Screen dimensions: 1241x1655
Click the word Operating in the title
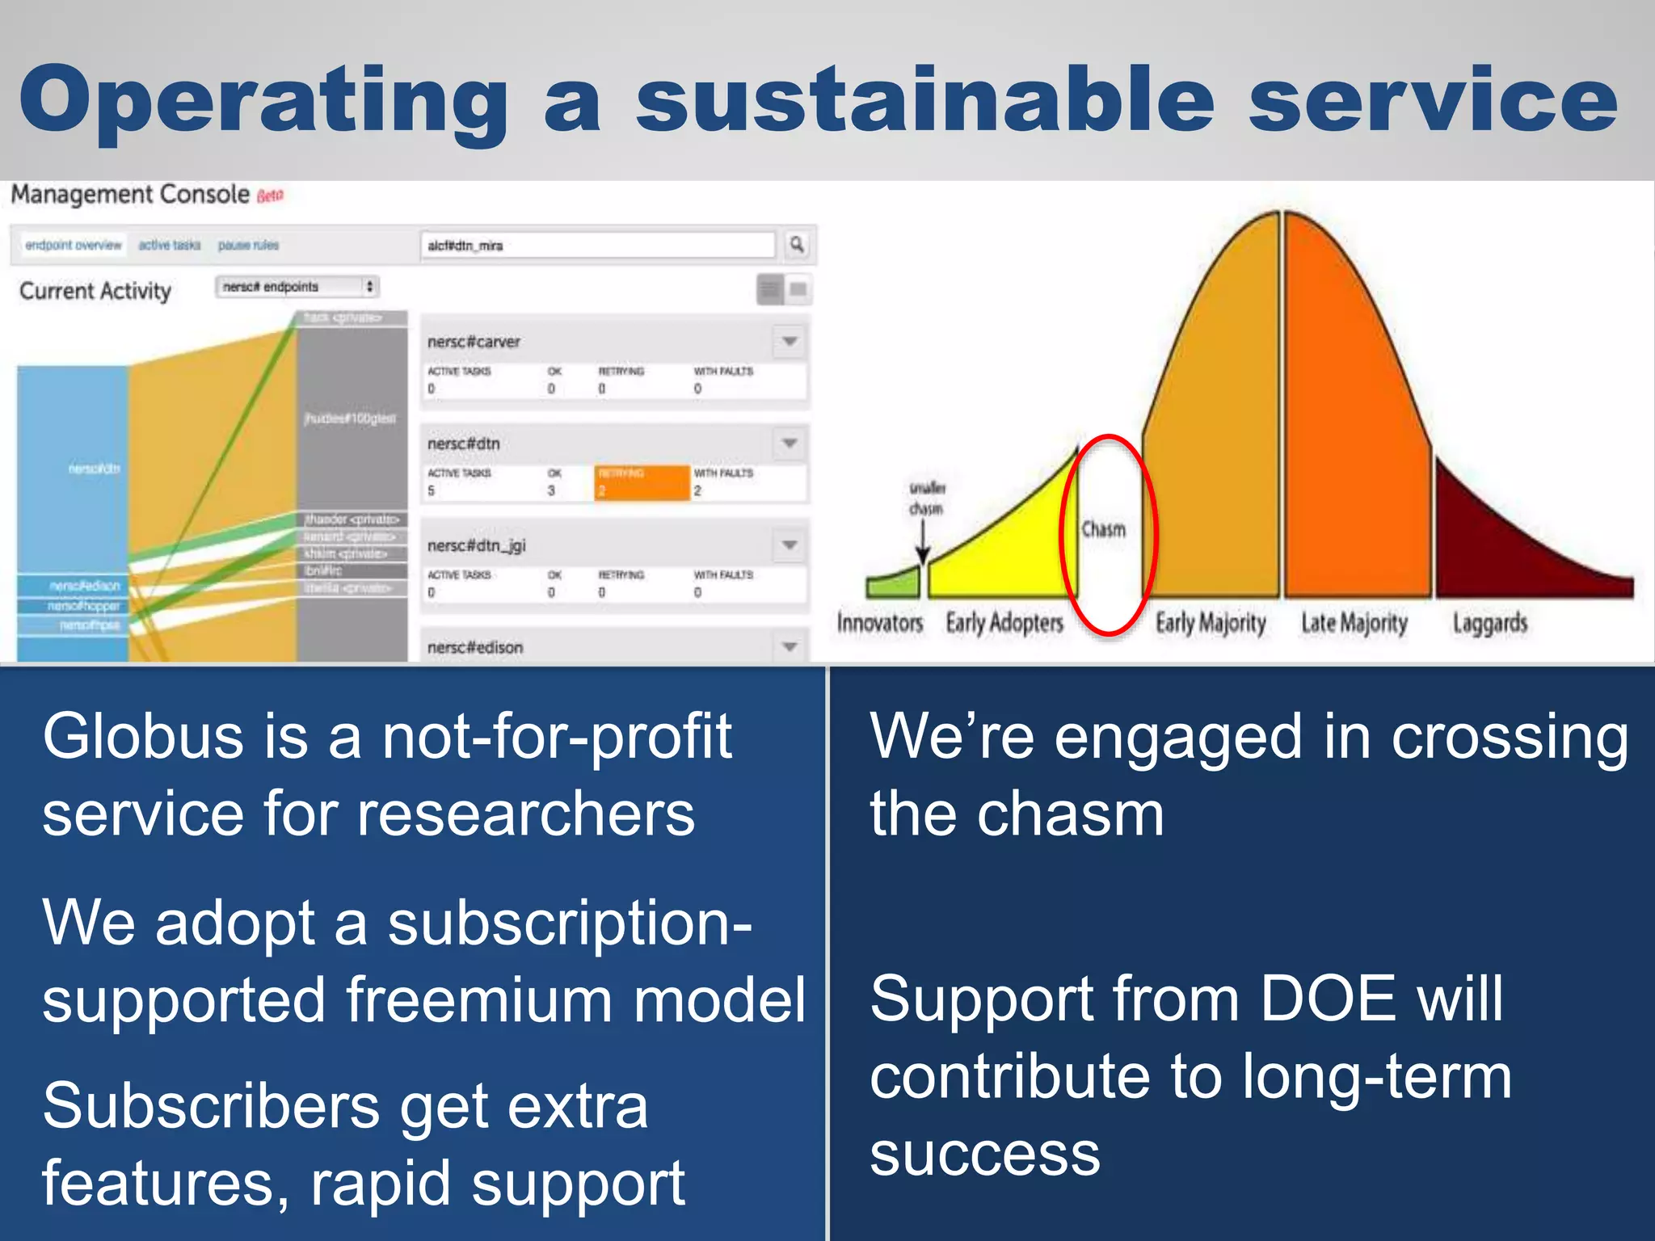tap(263, 101)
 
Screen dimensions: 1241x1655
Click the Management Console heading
tap(129, 195)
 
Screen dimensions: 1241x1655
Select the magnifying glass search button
tap(797, 244)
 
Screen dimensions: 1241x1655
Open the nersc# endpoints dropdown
tap(297, 287)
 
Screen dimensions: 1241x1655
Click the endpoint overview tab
tap(73, 245)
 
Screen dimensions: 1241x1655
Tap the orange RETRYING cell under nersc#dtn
tap(642, 482)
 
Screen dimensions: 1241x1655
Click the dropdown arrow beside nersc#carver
tap(790, 341)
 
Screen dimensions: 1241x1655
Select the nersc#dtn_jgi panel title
tap(476, 546)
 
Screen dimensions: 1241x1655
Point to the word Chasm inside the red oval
tap(1103, 529)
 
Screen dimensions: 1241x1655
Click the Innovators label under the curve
tap(879, 623)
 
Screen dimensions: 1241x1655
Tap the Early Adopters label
tap(1004, 623)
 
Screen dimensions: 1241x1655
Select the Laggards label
tap(1489, 623)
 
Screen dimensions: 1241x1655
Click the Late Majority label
tap(1354, 623)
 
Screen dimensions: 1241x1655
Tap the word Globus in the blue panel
tap(142, 737)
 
